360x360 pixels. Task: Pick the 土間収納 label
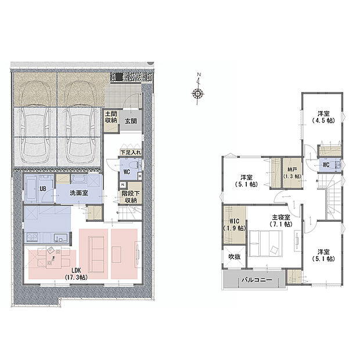pyautogui.click(x=111, y=117)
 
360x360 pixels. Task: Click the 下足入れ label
pyautogui.click(x=129, y=152)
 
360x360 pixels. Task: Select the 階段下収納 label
pyautogui.click(x=129, y=197)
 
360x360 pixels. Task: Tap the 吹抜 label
pyautogui.click(x=234, y=257)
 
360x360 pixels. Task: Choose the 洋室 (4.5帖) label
pyautogui.click(x=323, y=117)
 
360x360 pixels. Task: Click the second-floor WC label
pyautogui.click(x=327, y=164)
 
